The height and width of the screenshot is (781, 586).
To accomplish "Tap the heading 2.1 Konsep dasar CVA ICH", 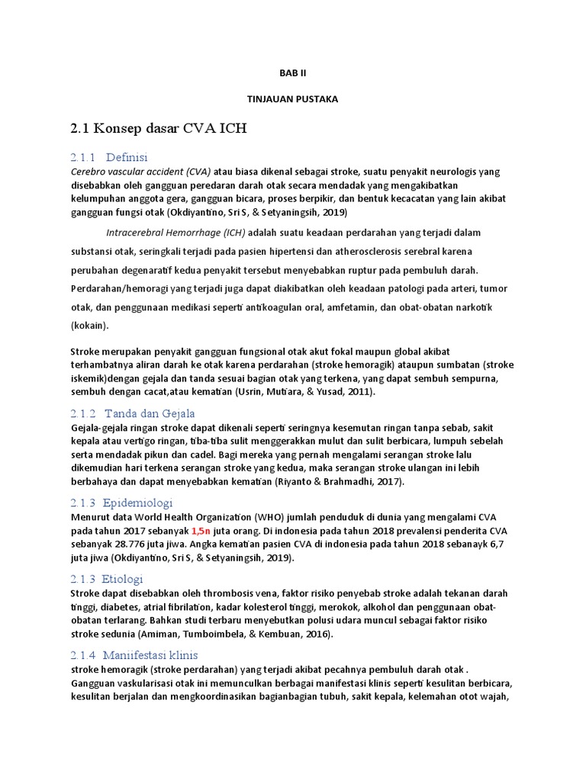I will click(159, 129).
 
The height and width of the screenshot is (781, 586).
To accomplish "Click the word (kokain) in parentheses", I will click(90, 325).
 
